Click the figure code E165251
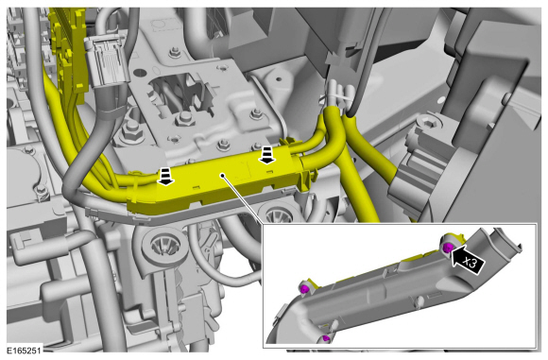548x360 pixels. click(x=25, y=351)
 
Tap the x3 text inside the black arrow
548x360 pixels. click(x=471, y=263)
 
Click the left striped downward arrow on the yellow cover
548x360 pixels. click(x=166, y=176)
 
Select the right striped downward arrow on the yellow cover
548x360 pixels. click(x=267, y=156)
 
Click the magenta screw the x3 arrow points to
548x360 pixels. click(x=448, y=249)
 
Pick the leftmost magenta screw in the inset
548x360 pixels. click(x=304, y=289)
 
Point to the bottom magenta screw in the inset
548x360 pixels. click(x=326, y=338)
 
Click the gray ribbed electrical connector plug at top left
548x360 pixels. click(x=105, y=61)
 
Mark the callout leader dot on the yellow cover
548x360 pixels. click(x=222, y=175)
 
